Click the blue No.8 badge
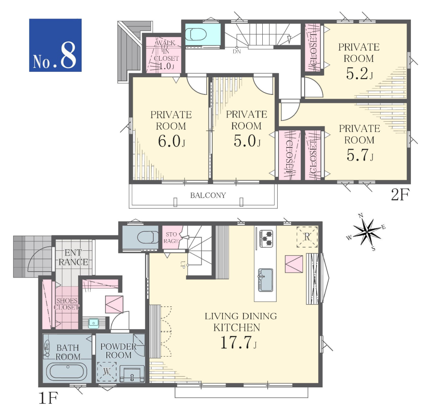(55, 45)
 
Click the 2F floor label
(400, 195)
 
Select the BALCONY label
(208, 195)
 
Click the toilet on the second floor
(196, 35)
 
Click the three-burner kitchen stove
(266, 238)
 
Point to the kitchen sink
(266, 280)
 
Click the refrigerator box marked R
(307, 237)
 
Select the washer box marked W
(107, 372)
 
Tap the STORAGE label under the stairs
(171, 237)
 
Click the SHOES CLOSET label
(67, 304)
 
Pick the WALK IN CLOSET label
(166, 55)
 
